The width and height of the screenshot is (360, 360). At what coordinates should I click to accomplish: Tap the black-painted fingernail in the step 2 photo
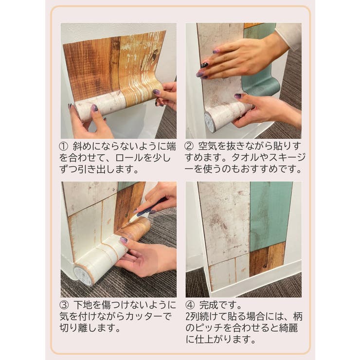click(204, 65)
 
